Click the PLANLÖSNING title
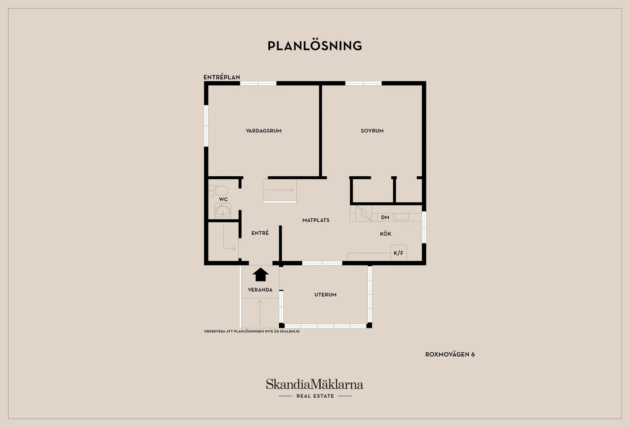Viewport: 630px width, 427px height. [315, 46]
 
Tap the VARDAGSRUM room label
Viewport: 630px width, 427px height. [263, 131]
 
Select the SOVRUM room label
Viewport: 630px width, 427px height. [372, 131]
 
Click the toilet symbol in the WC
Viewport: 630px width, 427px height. [218, 190]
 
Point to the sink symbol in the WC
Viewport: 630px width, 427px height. [223, 211]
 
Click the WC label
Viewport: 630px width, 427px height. [223, 199]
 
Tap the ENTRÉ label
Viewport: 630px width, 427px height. [260, 233]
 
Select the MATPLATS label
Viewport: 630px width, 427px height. [316, 220]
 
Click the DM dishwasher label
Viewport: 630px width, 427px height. [385, 217]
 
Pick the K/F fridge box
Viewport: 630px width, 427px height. [399, 253]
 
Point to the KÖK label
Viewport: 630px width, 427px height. [385, 234]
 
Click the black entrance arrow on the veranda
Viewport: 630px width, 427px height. [260, 274]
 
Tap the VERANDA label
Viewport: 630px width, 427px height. [260, 290]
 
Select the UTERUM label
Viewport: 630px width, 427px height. [325, 295]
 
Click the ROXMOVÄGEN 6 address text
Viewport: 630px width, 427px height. [450, 354]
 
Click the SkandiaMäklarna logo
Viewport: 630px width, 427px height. [315, 384]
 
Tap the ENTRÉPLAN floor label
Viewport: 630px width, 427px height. [221, 77]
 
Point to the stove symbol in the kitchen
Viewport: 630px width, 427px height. [363, 214]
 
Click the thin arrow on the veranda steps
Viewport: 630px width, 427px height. [260, 313]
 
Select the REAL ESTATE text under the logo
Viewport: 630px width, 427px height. [315, 396]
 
